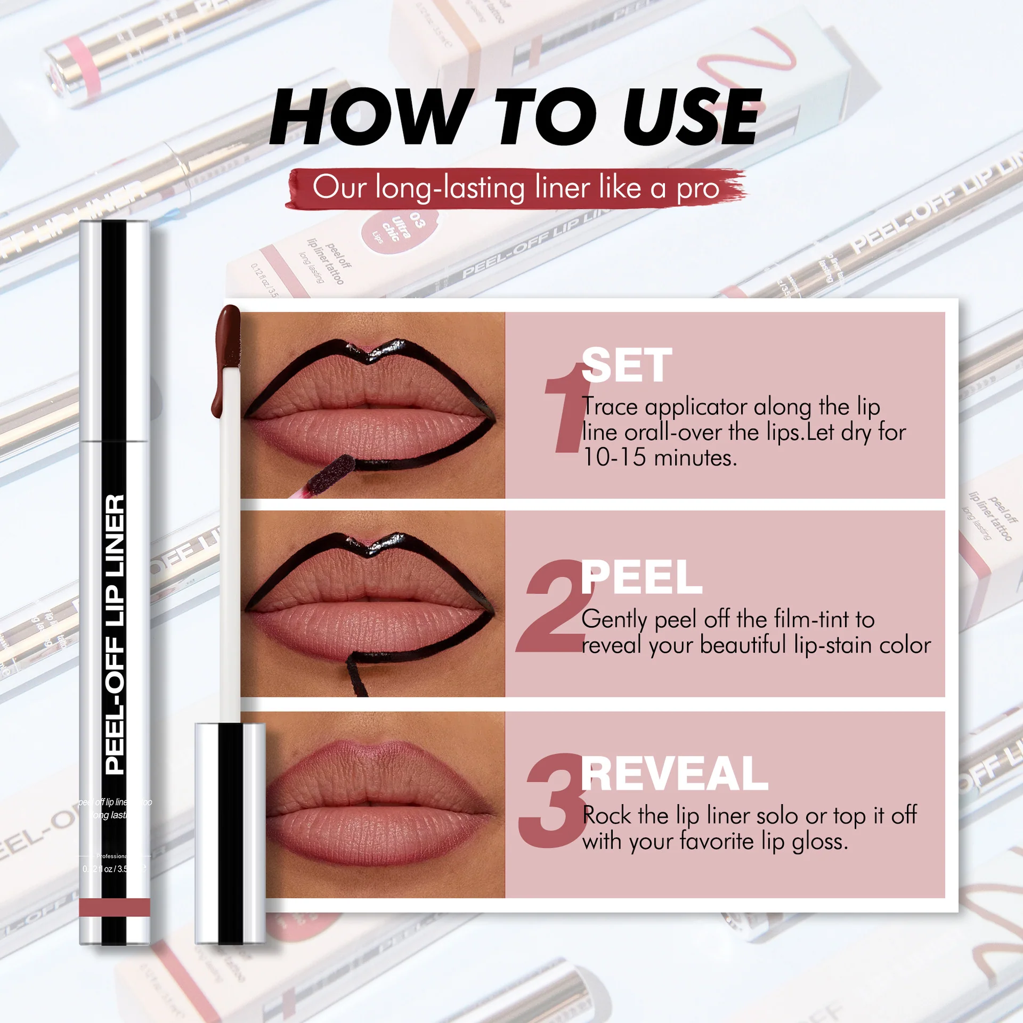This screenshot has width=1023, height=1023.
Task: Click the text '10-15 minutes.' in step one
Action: pos(660,458)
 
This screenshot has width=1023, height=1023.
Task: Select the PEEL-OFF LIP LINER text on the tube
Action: pos(115,634)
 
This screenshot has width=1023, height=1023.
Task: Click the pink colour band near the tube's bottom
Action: pos(115,907)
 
